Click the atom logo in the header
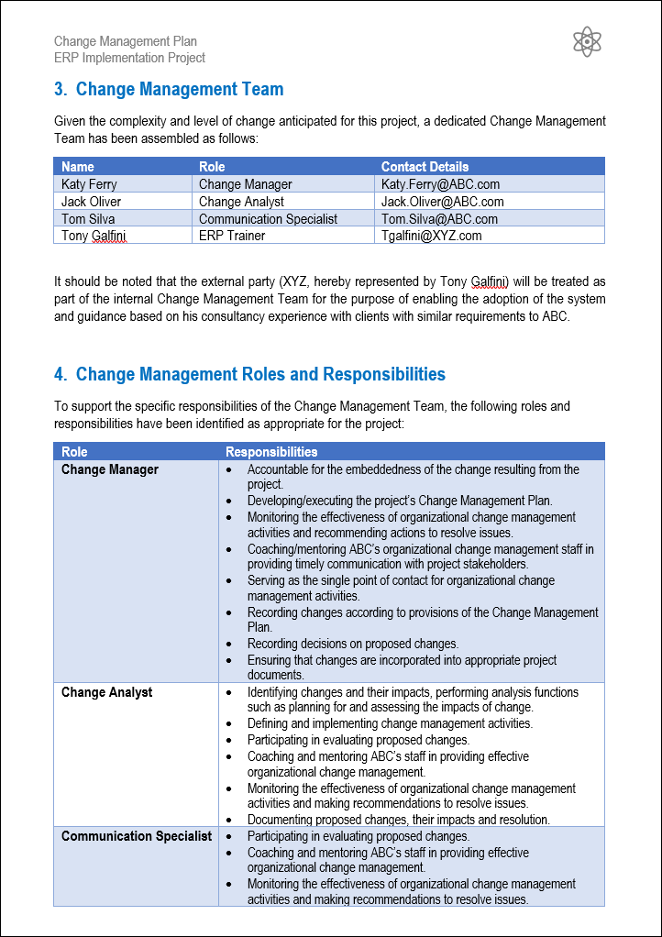click(587, 41)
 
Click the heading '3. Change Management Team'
click(169, 89)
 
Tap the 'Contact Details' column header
click(425, 167)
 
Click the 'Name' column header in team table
click(78, 167)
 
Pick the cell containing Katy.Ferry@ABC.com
click(440, 184)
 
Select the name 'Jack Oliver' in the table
click(91, 202)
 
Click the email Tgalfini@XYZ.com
click(431, 236)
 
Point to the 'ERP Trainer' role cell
click(232, 236)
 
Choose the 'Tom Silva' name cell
click(88, 219)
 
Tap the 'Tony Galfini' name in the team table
click(94, 236)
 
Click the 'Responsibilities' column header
click(271, 452)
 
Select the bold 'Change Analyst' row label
click(106, 692)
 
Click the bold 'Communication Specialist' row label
click(137, 836)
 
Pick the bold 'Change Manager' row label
click(110, 469)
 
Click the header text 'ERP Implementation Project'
click(129, 58)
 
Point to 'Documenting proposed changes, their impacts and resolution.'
click(398, 820)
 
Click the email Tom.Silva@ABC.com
click(439, 219)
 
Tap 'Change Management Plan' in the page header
click(126, 41)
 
